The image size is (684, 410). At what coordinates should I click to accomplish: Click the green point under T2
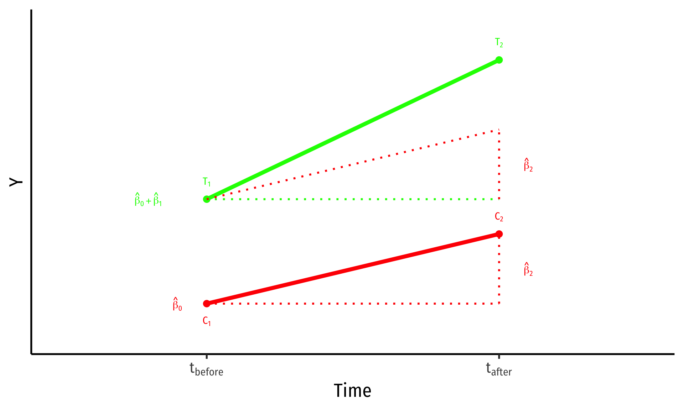499,60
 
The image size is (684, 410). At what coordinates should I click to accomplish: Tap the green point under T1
207,199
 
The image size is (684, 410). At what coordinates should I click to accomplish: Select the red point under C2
499,234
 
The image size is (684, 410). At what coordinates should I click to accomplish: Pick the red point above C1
207,304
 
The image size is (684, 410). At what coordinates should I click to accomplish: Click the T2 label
499,43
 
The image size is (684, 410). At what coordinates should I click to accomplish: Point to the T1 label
207,182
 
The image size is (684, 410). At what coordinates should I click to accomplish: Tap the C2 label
499,217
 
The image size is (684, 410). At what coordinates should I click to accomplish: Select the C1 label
207,321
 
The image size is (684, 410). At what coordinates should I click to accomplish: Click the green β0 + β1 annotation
148,200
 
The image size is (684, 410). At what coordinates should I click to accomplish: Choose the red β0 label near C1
177,304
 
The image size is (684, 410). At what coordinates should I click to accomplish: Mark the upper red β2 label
528,165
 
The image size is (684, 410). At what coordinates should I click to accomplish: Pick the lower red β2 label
528,269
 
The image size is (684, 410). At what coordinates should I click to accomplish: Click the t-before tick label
206,369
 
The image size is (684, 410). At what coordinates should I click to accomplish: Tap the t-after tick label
499,369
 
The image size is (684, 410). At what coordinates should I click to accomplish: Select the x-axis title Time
352,391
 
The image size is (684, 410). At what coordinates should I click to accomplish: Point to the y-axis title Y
16,182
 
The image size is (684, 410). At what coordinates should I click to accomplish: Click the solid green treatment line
353,130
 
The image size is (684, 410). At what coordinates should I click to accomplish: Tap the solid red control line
353,269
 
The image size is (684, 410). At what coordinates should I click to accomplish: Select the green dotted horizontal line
353,199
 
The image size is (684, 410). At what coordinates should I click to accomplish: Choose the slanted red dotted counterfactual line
353,165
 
